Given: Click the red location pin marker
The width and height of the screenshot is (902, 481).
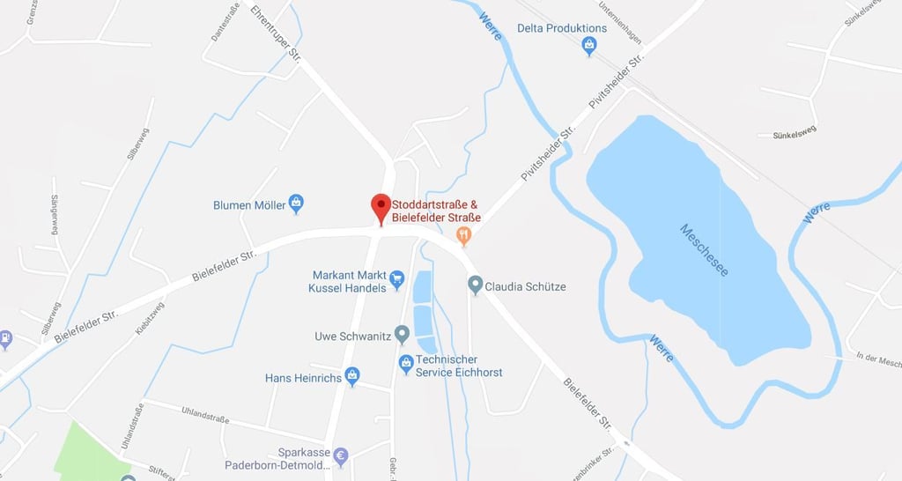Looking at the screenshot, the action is pos(381,208).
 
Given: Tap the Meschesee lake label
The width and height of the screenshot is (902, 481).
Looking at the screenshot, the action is pos(705,250).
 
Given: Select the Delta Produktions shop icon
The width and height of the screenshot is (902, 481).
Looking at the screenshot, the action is pos(589,46).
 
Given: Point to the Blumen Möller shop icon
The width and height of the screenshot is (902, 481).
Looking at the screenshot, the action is pos(296,204).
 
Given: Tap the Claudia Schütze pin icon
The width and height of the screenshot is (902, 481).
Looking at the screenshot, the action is pos(475,285).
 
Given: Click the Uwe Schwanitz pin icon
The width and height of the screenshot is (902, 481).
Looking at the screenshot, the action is pos(402,335).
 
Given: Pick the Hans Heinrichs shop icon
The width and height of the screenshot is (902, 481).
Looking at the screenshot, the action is pos(352,377).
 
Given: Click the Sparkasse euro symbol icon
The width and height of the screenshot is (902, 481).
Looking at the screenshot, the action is pos(341,456).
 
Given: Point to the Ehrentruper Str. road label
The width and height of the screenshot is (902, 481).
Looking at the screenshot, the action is pos(276,33).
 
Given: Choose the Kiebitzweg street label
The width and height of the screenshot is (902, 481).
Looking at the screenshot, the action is pos(150,318).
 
